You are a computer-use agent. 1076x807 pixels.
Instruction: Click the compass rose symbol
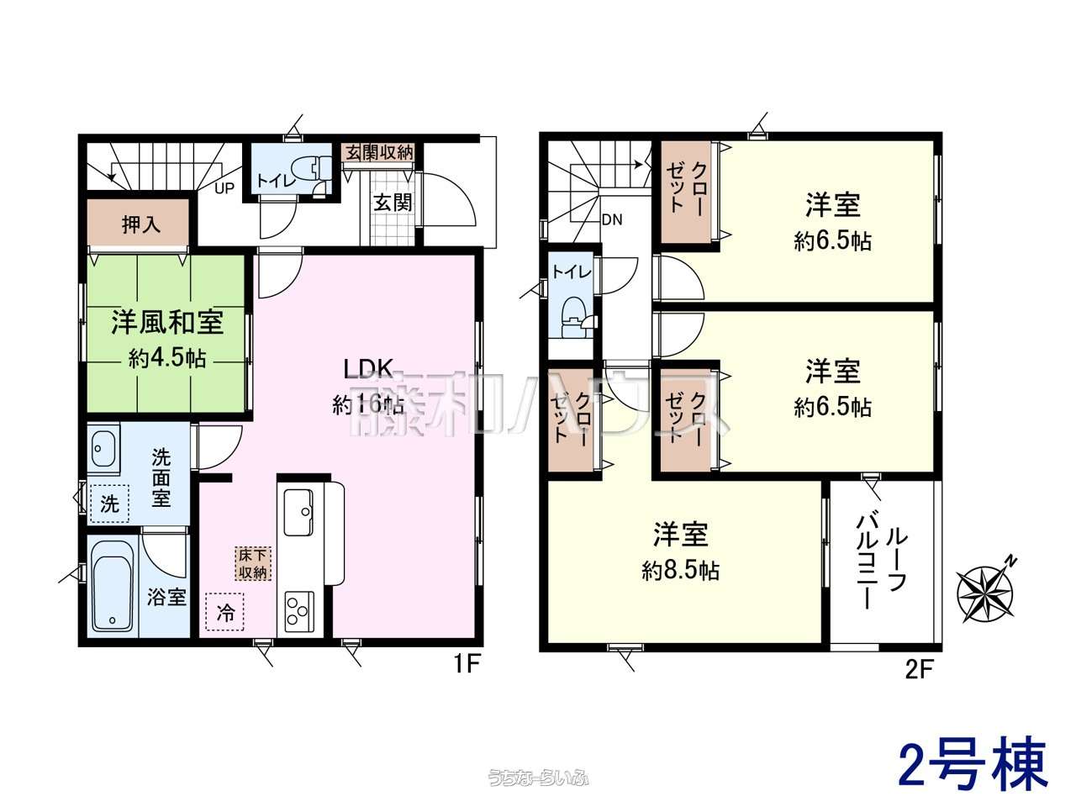[985, 594]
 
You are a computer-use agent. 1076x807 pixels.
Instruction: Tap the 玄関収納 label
[379, 153]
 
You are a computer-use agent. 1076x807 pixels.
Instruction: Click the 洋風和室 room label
[167, 322]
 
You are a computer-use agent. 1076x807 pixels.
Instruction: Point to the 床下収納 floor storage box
[252, 564]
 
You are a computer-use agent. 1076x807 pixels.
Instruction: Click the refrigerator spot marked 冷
[225, 612]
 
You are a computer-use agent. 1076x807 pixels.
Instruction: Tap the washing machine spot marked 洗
[110, 504]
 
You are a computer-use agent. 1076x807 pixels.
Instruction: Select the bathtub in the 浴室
[113, 587]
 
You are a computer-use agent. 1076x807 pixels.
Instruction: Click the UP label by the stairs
[224, 188]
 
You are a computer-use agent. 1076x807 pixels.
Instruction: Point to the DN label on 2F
[612, 220]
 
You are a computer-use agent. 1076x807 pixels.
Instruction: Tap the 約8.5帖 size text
[681, 570]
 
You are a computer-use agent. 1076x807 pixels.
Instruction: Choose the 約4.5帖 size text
[167, 359]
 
